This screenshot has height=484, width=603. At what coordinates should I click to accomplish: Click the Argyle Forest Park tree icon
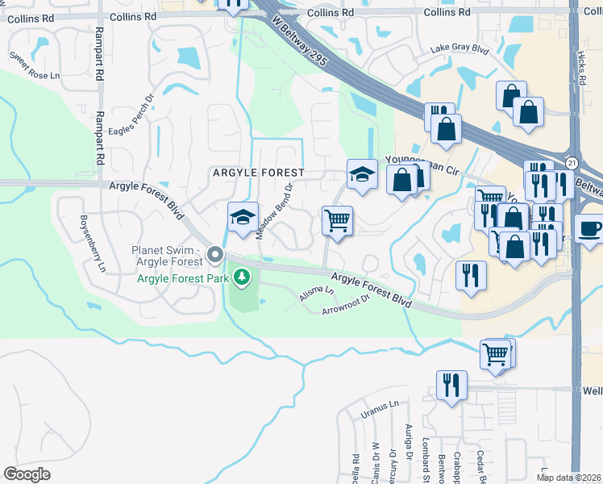click(241, 278)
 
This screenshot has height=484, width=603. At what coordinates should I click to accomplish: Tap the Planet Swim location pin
click(215, 256)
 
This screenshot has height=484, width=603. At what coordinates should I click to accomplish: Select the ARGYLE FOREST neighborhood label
click(258, 173)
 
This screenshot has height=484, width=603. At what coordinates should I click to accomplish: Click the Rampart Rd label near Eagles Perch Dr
click(101, 138)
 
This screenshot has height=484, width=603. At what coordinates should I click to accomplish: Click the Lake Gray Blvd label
click(460, 49)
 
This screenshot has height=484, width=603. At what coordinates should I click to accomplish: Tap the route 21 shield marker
click(572, 163)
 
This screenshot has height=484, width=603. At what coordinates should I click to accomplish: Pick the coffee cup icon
click(590, 227)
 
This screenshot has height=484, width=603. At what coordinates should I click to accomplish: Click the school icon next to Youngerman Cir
click(363, 174)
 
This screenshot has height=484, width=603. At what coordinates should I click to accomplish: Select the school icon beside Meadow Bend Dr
click(243, 217)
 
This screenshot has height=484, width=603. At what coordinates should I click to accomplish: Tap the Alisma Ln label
click(316, 294)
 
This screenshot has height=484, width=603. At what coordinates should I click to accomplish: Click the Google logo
click(27, 474)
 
